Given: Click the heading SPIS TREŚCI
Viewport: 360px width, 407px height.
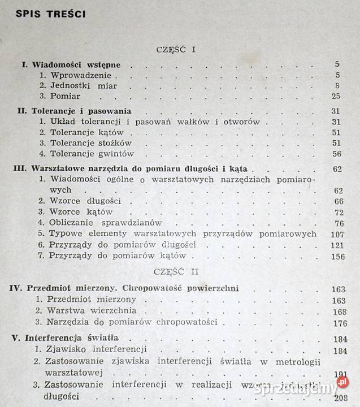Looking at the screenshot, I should pos(51,14).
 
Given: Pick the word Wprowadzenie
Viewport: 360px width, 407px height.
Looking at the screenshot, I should pos(83,75).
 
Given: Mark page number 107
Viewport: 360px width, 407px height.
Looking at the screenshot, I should pos(336,234).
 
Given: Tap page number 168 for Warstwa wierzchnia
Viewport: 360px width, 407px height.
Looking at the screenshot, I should pos(339,311).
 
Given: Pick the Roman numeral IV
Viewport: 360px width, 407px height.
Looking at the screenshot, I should pos(16,289).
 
